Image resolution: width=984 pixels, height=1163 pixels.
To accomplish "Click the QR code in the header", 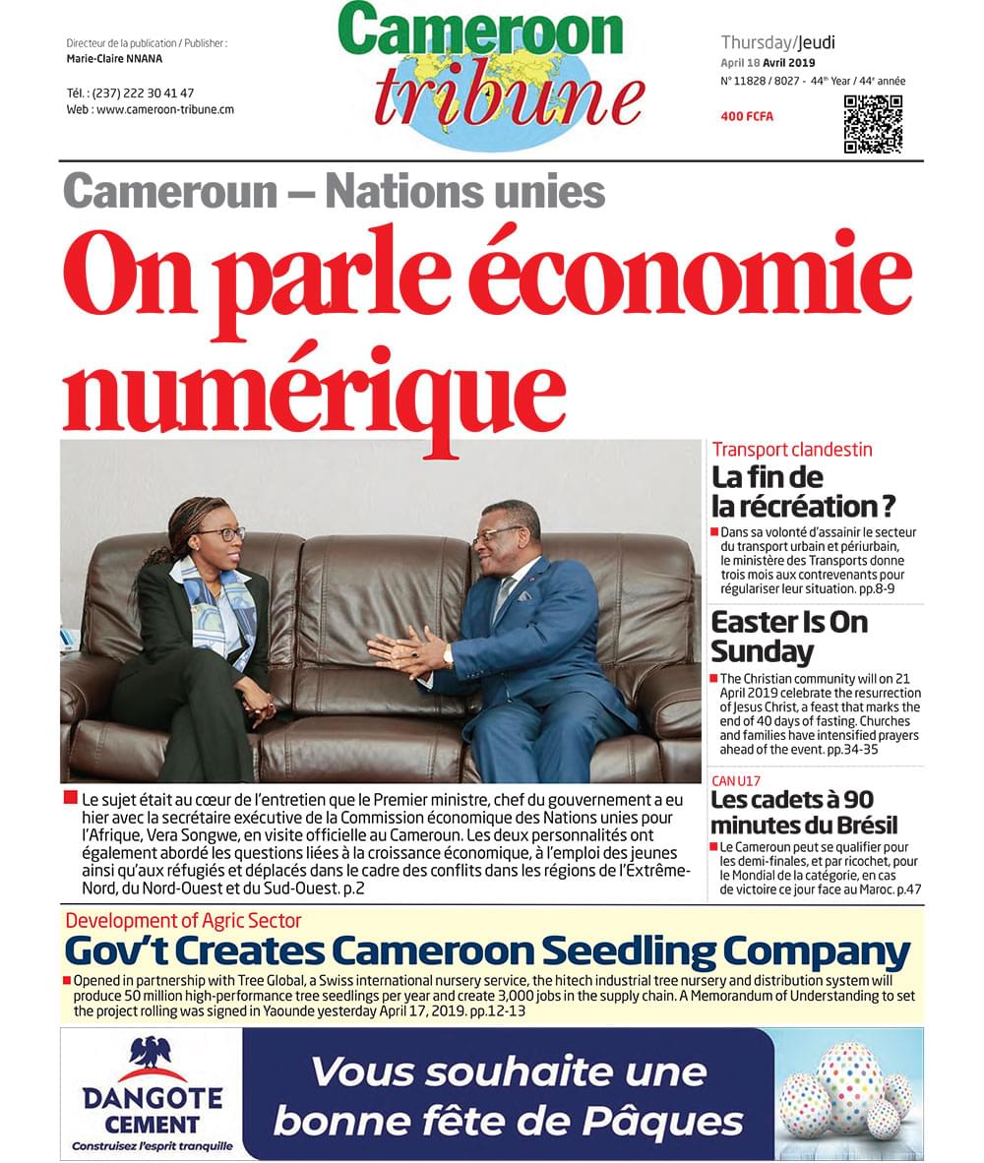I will pos(873,124).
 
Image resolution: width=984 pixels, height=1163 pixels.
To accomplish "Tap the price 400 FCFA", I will pos(747,117).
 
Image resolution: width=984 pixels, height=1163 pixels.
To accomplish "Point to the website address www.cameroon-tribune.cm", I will pos(150,109).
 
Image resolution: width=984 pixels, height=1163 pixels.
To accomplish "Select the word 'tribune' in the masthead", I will pos(509,95).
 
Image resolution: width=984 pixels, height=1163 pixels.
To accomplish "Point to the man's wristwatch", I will pos(448,655).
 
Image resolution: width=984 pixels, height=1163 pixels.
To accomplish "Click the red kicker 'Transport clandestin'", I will pos(792,450).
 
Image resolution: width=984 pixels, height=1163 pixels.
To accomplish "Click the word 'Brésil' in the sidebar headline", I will pos(858,825).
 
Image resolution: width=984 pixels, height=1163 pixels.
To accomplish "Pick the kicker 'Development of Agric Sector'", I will pos(183,921).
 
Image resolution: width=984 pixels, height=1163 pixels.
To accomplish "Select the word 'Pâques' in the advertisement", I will pos(674,1121).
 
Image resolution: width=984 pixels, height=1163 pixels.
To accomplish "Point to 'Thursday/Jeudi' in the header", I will pos(777,42).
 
